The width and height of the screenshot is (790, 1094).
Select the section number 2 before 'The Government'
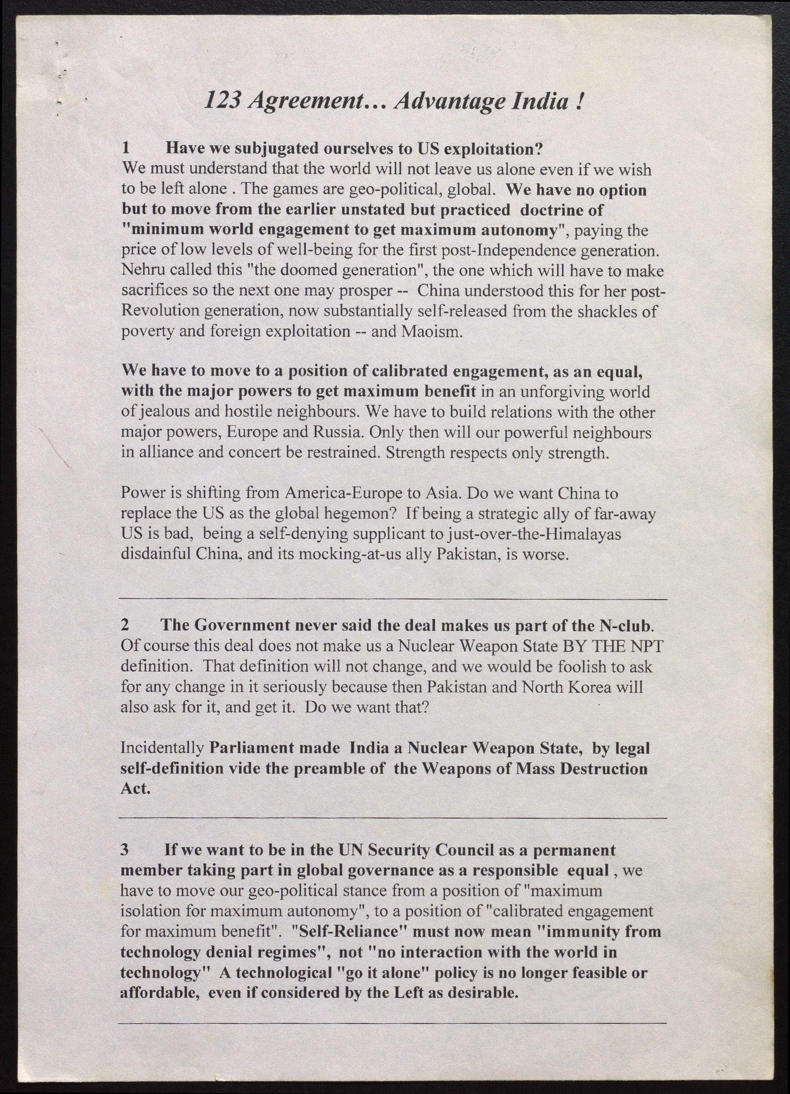coord(125,625)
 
